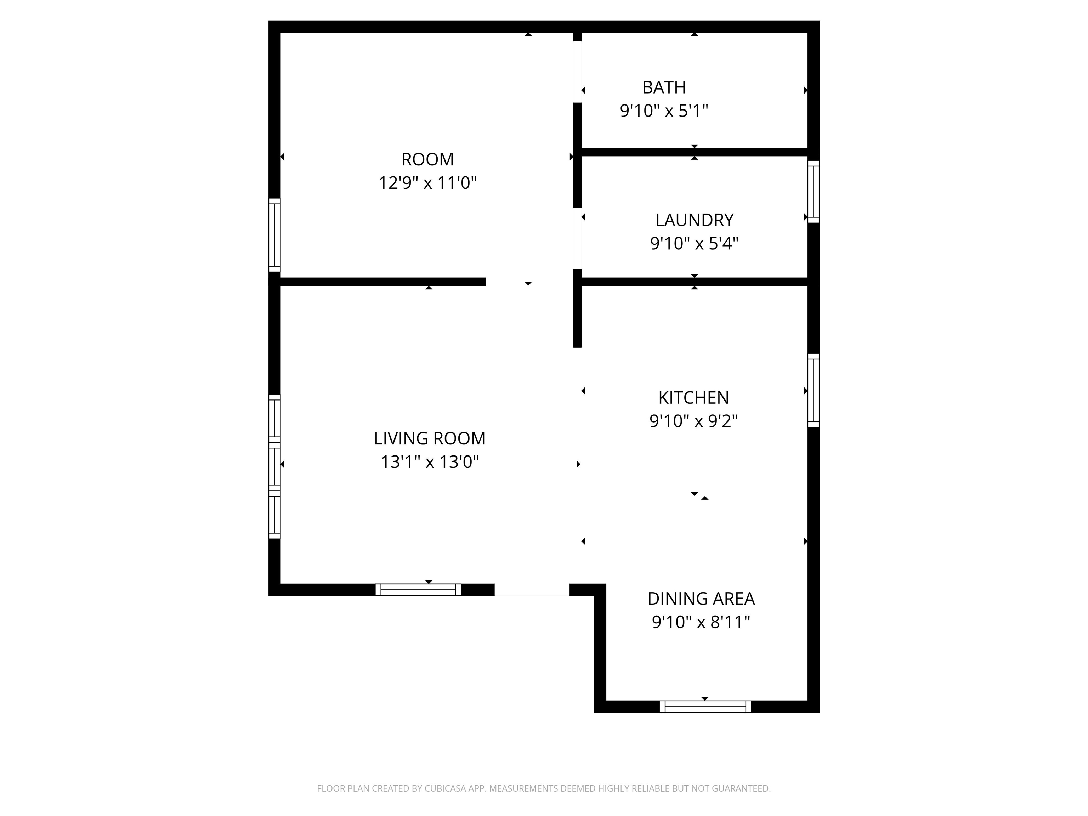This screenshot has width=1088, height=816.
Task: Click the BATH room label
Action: [x=664, y=87]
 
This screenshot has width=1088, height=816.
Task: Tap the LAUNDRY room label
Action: [x=695, y=220]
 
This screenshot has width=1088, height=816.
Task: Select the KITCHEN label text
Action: [x=693, y=397]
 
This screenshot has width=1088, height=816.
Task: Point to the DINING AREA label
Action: [x=701, y=599]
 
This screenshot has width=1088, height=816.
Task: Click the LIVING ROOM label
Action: [x=430, y=438]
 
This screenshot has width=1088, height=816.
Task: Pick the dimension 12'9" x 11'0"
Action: [x=428, y=183]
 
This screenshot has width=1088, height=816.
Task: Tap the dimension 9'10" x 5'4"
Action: [x=695, y=243]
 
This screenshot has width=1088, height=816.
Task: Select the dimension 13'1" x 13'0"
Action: [x=430, y=462]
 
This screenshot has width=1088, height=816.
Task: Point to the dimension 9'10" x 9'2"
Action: [x=693, y=421]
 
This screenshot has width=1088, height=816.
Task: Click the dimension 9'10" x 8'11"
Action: [x=701, y=622]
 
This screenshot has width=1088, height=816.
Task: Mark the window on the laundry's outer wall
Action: [x=814, y=191]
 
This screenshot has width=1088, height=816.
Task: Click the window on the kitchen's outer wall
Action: [x=814, y=390]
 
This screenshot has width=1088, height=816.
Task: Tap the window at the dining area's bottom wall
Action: [x=705, y=706]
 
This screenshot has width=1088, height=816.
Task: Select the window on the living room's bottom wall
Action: [x=418, y=590]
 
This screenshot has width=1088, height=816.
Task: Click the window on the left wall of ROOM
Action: [x=274, y=235]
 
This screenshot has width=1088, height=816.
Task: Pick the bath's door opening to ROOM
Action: [x=577, y=72]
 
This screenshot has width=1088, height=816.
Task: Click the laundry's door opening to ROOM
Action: [x=577, y=239]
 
